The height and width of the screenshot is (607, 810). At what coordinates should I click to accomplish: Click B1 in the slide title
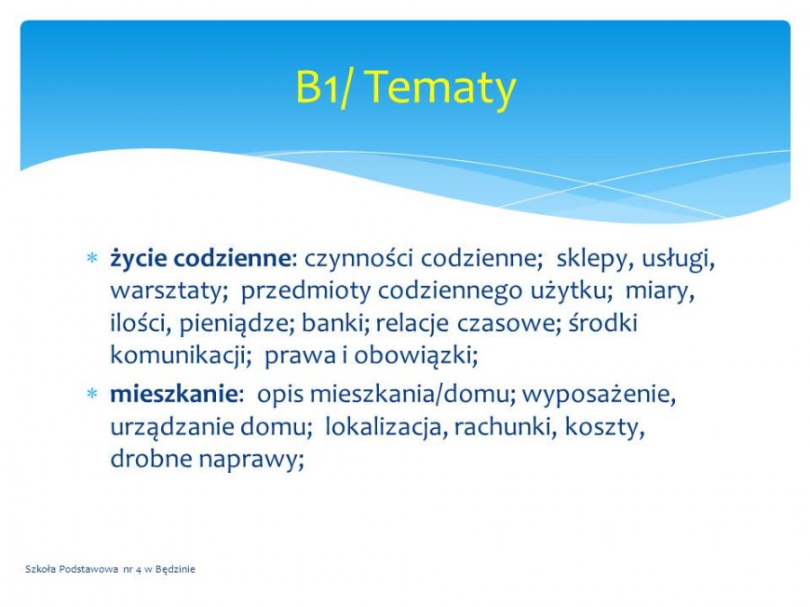click(317, 86)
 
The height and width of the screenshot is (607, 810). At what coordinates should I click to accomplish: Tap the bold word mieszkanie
click(174, 395)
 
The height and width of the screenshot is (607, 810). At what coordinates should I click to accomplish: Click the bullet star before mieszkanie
click(92, 395)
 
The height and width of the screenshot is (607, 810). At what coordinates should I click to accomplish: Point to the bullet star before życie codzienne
click(92, 257)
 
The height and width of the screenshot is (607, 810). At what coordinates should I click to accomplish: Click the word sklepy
click(594, 259)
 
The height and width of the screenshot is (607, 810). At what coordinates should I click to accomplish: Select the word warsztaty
click(169, 291)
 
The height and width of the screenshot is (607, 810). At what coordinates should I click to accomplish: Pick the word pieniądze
click(237, 324)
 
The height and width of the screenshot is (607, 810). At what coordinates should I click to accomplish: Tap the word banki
click(336, 323)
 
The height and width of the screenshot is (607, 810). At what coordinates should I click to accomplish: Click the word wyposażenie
click(598, 396)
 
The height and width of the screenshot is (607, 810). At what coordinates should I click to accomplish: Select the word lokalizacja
click(385, 427)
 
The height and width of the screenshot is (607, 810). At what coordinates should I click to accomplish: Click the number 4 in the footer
click(139, 570)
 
